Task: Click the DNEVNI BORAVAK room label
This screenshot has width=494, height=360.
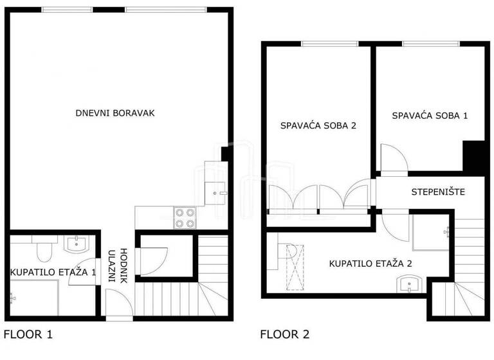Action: [x=115, y=113]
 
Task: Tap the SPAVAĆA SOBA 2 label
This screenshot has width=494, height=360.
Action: [x=318, y=125]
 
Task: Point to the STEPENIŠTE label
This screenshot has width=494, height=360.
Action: [x=437, y=192]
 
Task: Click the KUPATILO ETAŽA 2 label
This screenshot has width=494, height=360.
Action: [x=370, y=263]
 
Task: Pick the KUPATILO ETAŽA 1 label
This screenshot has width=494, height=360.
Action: [x=53, y=273]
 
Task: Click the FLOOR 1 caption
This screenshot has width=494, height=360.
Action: [x=28, y=334]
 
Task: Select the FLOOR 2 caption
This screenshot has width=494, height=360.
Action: [x=284, y=334]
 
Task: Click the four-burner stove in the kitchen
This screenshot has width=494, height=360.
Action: [x=185, y=218]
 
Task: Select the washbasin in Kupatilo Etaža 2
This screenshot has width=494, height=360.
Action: [x=409, y=284]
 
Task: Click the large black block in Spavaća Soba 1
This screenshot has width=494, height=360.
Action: [x=475, y=156]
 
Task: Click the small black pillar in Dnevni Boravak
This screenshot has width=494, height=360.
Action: [x=224, y=154]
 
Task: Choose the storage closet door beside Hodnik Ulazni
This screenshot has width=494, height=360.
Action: [x=153, y=260]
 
